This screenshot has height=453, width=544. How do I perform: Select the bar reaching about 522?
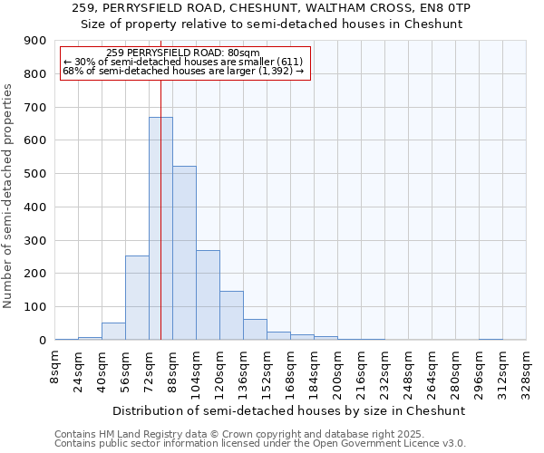tap(184, 253)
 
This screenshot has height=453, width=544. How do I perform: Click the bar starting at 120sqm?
tap(231, 315)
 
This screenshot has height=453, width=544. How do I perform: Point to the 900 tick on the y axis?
tap(35, 41)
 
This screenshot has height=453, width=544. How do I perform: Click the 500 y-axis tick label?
tap(35, 174)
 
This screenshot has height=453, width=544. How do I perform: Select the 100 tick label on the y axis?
tap(35, 307)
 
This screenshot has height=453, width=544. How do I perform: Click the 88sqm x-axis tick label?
tap(173, 366)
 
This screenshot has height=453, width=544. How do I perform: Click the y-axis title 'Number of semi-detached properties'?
tap(9, 196)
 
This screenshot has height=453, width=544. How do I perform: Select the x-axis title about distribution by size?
tap(290, 410)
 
